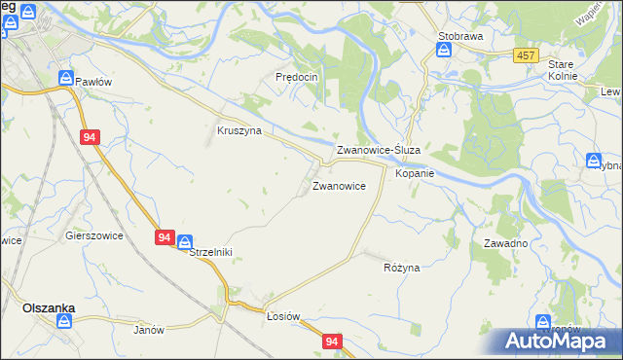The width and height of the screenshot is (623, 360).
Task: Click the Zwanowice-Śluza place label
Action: pyautogui.click(x=378, y=151)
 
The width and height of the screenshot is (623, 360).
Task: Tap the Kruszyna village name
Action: pyautogui.click(x=238, y=130)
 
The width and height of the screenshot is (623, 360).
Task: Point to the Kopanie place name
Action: pyautogui.click(x=414, y=173)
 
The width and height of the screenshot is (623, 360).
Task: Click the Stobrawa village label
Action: pyautogui.click(x=460, y=36)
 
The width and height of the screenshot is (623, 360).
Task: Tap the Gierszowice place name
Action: pyautogui.click(x=92, y=234)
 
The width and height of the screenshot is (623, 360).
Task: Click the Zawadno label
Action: pyautogui.click(x=505, y=243)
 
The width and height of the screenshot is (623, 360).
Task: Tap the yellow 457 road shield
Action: pyautogui.click(x=526, y=56)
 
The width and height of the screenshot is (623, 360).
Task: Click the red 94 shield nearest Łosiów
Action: pyautogui.click(x=333, y=342)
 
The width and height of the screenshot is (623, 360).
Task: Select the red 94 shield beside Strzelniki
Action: pyautogui.click(x=163, y=236)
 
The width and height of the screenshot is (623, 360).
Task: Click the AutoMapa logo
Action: pyautogui.click(x=558, y=342)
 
